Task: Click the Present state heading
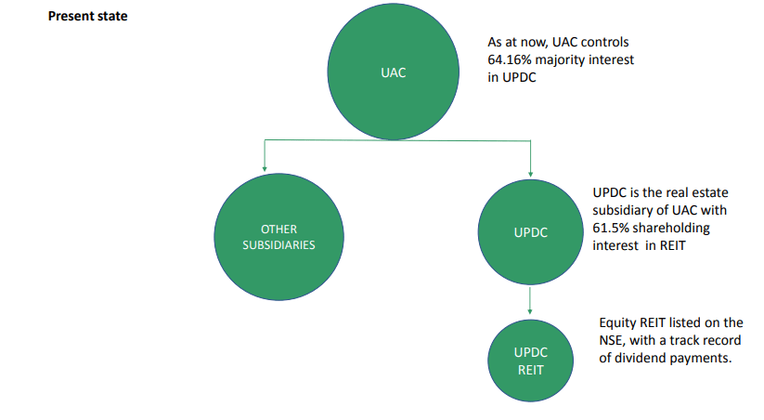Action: point(87,17)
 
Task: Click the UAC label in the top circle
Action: point(393,72)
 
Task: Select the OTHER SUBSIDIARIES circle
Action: point(278,237)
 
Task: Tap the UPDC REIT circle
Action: point(530,361)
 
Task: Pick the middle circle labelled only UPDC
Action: point(530,232)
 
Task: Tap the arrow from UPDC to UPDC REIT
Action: point(530,300)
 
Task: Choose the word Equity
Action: point(617,322)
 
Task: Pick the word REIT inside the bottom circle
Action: point(530,371)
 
